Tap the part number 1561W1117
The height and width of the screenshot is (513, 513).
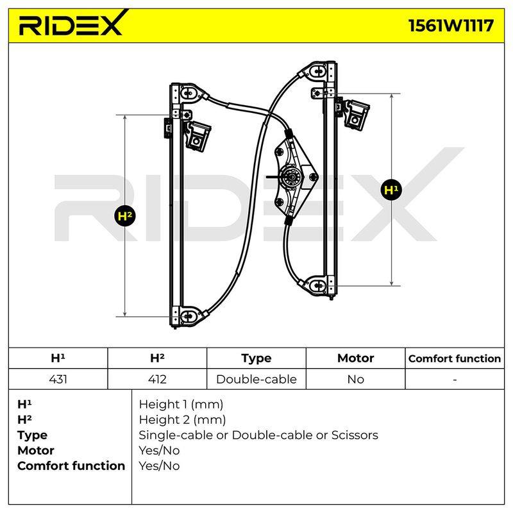click(x=451, y=26)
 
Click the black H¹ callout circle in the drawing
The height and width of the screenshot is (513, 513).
click(x=391, y=190)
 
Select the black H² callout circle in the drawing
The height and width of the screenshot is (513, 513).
click(x=125, y=215)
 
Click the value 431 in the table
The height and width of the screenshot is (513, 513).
click(x=58, y=379)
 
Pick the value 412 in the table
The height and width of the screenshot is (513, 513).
click(x=157, y=379)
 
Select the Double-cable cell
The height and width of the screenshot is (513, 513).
click(x=256, y=379)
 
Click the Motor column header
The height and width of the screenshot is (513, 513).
click(x=356, y=358)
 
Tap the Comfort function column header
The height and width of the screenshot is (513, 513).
click(x=455, y=358)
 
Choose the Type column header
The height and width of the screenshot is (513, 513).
click(x=256, y=358)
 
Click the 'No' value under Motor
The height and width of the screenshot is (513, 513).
click(x=356, y=379)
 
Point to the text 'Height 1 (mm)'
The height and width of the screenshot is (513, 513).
click(x=181, y=405)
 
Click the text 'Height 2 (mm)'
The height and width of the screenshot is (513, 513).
click(x=182, y=420)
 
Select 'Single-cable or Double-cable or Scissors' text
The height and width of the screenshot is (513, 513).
click(x=258, y=435)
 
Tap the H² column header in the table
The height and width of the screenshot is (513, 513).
click(x=157, y=358)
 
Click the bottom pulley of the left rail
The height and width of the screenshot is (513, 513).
click(x=188, y=316)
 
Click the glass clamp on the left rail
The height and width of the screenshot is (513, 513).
click(x=198, y=136)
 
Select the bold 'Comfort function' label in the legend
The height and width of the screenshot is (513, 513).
click(x=71, y=466)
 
